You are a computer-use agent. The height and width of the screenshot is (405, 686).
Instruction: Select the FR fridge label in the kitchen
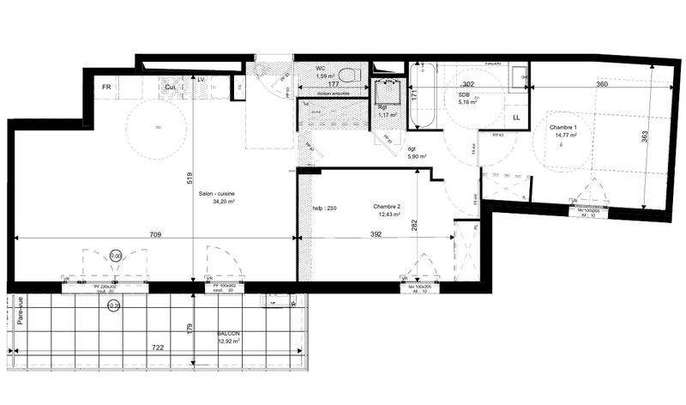[108, 88]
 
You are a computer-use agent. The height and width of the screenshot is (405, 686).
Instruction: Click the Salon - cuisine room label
[217, 194]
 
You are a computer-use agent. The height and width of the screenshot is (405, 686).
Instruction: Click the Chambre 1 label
[563, 128]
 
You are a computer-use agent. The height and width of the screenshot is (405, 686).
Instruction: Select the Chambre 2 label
[388, 207]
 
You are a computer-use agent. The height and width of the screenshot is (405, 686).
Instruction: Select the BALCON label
[228, 334]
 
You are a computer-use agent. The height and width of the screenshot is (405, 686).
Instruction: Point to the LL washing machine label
[516, 117]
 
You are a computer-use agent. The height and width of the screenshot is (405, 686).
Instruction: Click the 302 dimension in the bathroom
[468, 85]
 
